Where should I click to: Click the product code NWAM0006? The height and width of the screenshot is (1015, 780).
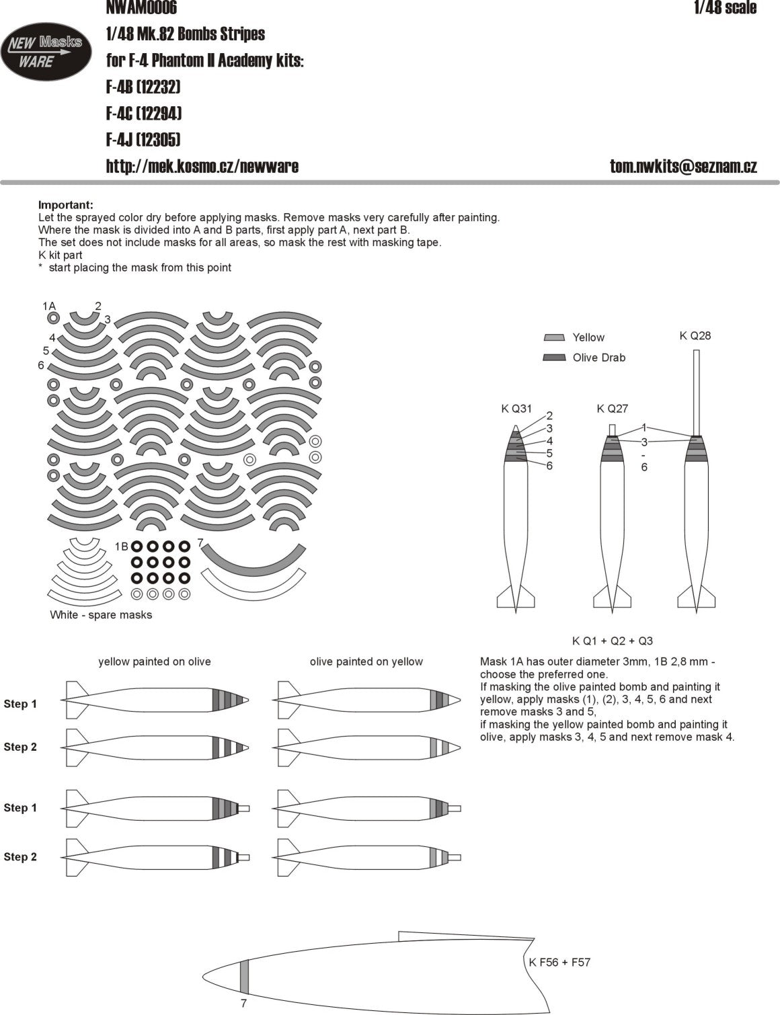tap(141, 7)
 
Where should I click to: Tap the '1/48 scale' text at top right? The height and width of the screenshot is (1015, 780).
tap(725, 7)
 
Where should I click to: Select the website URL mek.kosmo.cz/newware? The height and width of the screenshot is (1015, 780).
tap(202, 166)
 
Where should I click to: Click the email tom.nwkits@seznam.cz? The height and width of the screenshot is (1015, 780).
tap(683, 167)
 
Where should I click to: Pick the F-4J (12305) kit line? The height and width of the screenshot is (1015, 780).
tap(143, 140)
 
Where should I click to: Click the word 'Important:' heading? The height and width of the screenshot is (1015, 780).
tap(66, 205)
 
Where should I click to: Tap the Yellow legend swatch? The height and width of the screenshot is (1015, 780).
tap(553, 337)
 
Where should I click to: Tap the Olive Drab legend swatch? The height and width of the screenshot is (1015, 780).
tap(553, 358)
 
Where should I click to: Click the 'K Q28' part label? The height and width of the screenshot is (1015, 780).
tap(695, 335)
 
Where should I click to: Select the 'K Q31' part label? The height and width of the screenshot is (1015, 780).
tap(516, 408)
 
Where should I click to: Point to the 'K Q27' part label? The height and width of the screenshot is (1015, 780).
tap(612, 408)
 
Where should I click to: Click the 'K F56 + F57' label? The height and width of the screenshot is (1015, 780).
tap(559, 962)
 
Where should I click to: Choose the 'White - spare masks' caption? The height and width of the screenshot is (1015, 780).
tap(101, 614)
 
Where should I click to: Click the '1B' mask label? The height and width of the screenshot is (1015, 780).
tap(121, 546)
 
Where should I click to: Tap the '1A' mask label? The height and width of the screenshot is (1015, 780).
tap(49, 306)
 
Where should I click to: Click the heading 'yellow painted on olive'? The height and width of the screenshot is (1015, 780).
tap(155, 661)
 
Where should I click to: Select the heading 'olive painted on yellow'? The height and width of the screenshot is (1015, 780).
tap(366, 661)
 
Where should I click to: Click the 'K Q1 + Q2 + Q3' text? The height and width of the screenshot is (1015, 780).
tap(613, 641)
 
